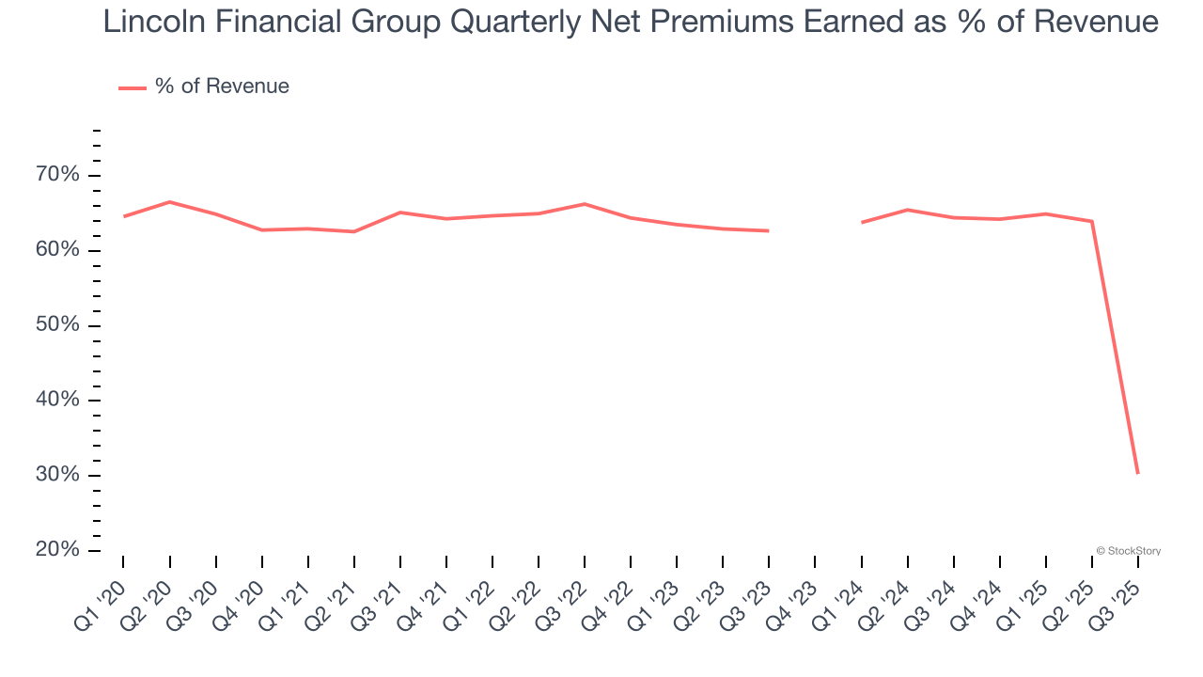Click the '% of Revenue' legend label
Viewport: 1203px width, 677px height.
tap(222, 87)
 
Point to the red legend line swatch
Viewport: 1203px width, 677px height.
tap(132, 87)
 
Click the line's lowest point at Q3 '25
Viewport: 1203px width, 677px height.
tap(1137, 473)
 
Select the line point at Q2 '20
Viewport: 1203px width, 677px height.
tap(169, 202)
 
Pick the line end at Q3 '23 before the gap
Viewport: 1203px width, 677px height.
tap(768, 230)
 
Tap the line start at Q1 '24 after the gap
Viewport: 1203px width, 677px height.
tap(862, 222)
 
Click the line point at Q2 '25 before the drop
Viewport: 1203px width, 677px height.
tap(1091, 221)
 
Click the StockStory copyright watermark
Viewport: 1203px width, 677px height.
tap(1128, 551)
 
